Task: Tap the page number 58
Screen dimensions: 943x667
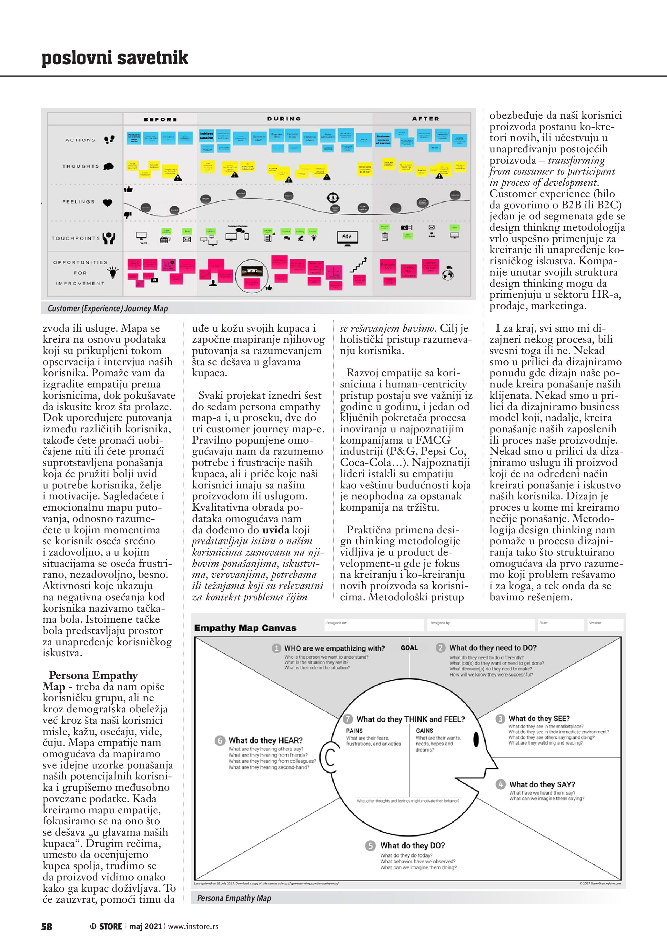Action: tap(47, 926)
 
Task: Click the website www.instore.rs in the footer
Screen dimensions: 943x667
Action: tap(193, 927)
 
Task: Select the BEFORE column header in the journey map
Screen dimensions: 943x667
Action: tap(160, 119)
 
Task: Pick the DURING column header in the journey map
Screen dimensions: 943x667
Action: tap(284, 119)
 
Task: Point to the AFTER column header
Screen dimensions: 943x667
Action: tap(426, 119)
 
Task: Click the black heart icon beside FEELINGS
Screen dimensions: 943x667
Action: tap(107, 203)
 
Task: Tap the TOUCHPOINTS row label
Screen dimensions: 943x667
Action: tap(76, 238)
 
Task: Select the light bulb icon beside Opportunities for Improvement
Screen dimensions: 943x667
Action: tap(113, 272)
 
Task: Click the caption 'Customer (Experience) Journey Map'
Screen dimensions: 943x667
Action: tap(107, 308)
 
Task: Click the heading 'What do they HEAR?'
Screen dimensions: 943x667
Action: tap(265, 740)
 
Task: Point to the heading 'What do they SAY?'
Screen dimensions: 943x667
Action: tap(542, 784)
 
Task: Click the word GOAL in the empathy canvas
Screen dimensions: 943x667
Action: tap(409, 648)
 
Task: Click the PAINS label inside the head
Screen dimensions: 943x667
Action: tap(354, 731)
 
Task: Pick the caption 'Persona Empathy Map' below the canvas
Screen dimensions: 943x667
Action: tap(234, 898)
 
